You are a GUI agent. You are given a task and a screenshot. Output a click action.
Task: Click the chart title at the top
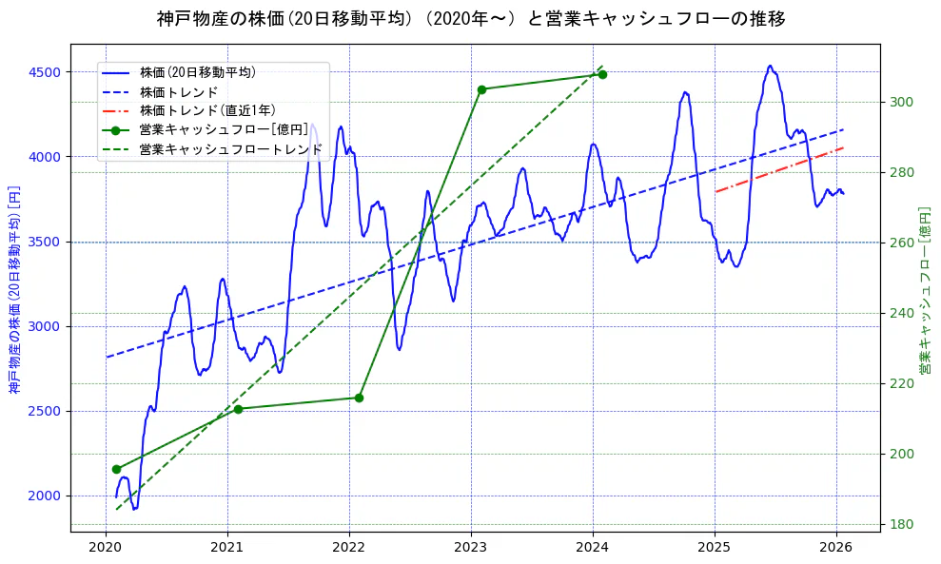[470, 18]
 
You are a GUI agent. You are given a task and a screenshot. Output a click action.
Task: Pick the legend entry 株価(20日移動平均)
[197, 71]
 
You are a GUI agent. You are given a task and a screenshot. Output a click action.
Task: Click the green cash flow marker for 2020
[116, 469]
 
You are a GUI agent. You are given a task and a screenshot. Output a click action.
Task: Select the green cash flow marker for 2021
[238, 409]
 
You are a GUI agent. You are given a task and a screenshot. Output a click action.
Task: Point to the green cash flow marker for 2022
[359, 398]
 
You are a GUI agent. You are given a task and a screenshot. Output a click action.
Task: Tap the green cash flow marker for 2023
[481, 89]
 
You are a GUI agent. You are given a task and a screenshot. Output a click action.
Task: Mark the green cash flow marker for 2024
[602, 74]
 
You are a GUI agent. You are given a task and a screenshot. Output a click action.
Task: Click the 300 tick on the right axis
[902, 102]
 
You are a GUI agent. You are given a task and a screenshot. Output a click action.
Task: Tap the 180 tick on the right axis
[902, 524]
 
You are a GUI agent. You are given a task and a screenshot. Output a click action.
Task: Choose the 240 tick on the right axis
[902, 313]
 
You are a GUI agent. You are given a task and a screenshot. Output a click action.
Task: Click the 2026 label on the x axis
[836, 547]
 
